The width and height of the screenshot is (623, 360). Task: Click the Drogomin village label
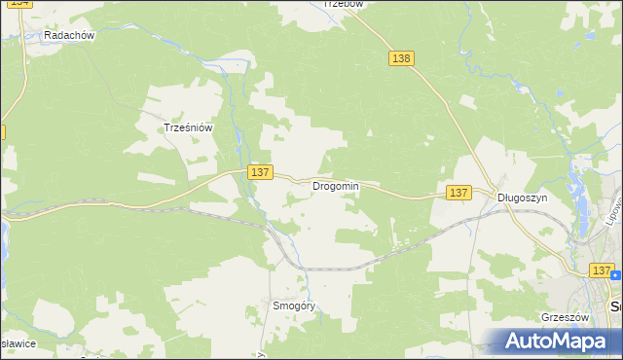[x=336, y=186]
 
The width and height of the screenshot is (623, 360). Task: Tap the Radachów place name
[x=68, y=35]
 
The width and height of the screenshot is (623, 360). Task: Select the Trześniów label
[x=188, y=126]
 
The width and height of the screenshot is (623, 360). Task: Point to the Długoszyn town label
[x=523, y=197]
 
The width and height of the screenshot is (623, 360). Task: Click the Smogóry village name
[x=295, y=306]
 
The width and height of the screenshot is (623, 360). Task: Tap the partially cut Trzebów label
[x=343, y=4]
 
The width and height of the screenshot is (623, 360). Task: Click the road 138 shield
[x=401, y=58]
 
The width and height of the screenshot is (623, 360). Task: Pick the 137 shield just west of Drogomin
[x=258, y=172]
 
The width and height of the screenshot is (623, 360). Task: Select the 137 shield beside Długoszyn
[x=458, y=194]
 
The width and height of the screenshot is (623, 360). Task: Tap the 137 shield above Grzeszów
[x=601, y=270]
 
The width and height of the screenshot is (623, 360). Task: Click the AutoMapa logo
[x=559, y=341]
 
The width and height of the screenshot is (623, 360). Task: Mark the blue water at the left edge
[x=3, y=234]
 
